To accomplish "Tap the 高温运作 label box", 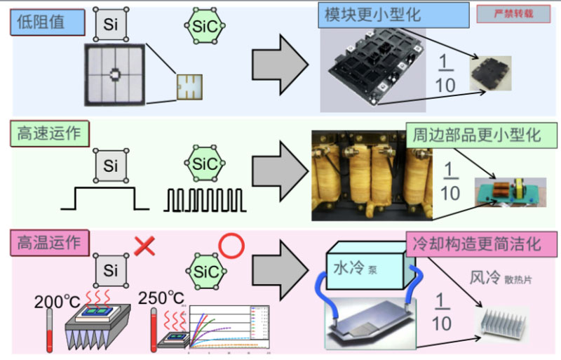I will pyautogui.click(x=48, y=244).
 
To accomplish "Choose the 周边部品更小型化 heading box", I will pyautogui.click(x=477, y=135).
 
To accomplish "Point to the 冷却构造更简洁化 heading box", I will pyautogui.click(x=482, y=244).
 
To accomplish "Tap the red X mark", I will pyautogui.click(x=144, y=246).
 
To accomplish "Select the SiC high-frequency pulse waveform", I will pyautogui.click(x=205, y=199).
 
